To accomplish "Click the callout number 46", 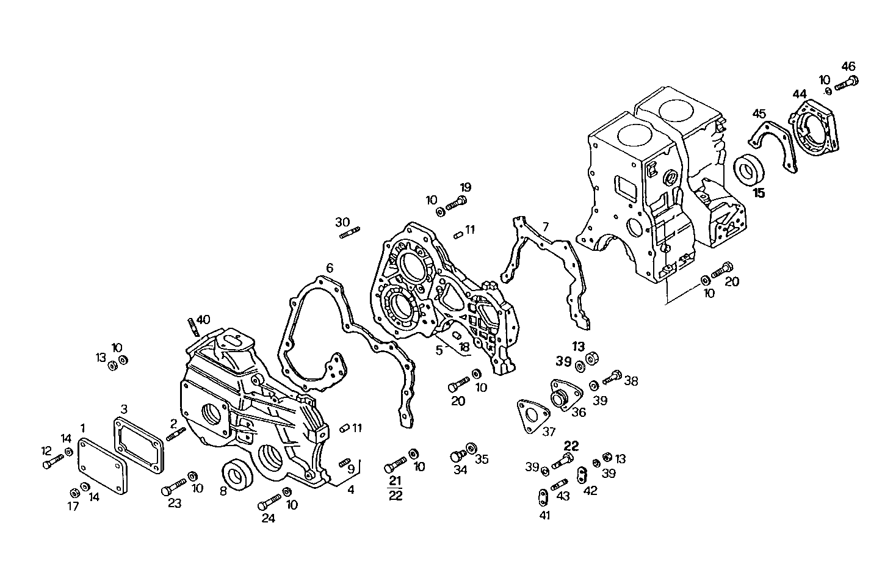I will click(x=848, y=67).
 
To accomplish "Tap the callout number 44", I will click(x=800, y=94).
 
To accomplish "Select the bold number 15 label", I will click(x=759, y=193).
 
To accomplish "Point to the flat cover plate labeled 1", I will click(x=103, y=468).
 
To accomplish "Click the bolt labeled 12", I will click(x=52, y=462).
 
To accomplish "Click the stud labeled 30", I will click(x=348, y=233).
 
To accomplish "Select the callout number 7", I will click(x=546, y=228).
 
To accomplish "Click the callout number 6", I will click(x=330, y=268).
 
